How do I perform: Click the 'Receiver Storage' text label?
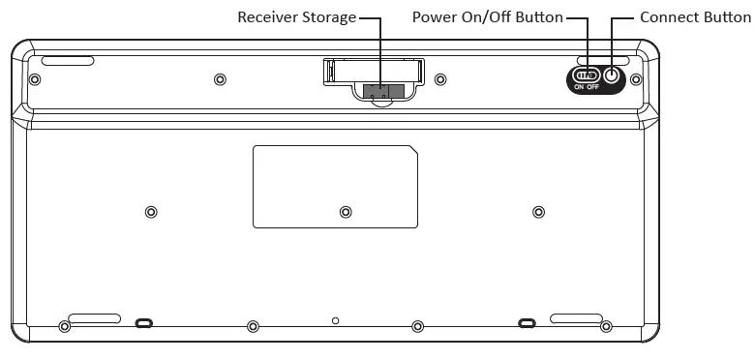[x=297, y=17]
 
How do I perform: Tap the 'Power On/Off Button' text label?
[x=487, y=17]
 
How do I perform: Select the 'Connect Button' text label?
[x=695, y=17]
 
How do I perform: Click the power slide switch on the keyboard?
[x=588, y=75]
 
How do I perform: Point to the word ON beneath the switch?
[x=579, y=87]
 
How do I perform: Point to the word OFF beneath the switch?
[x=593, y=87]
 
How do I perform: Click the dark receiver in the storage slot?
[x=379, y=90]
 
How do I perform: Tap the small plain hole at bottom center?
[x=335, y=319]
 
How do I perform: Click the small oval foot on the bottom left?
[x=143, y=321]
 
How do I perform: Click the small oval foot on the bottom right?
[x=527, y=321]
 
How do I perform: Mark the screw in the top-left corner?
[x=35, y=79]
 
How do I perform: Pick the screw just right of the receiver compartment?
[x=440, y=79]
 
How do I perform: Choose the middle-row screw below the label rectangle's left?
[x=346, y=212]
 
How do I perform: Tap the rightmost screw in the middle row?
[x=539, y=212]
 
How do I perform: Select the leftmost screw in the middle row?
[x=150, y=212]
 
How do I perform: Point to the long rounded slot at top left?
[x=68, y=61]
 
